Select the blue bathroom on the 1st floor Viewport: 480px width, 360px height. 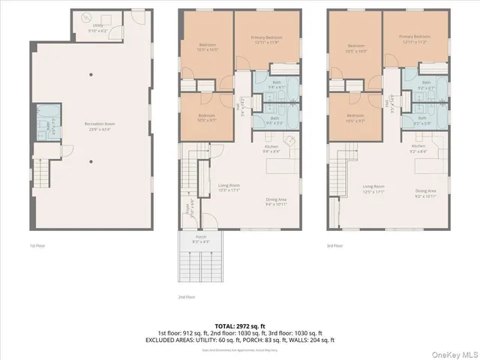(x=46, y=124)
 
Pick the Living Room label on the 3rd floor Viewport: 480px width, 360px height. (x=373, y=187)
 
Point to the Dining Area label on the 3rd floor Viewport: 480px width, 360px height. (x=426, y=193)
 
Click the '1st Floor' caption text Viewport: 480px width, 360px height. (x=37, y=245)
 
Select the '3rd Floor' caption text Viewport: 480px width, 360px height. (x=335, y=245)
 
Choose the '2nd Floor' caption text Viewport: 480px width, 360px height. (x=187, y=297)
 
